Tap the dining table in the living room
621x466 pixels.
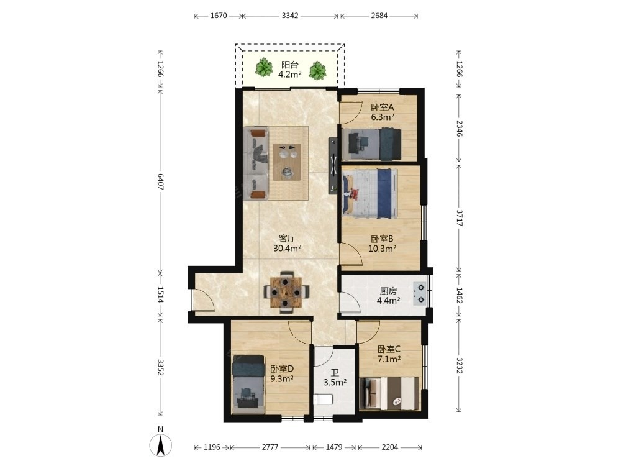[286, 293]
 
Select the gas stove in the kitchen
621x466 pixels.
[419, 294]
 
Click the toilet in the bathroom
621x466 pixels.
[322, 400]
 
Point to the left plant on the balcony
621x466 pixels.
[263, 66]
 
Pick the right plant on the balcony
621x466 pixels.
[317, 70]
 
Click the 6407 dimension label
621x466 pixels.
[160, 181]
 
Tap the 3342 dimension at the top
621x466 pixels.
[290, 16]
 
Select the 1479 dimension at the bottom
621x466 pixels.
[334, 447]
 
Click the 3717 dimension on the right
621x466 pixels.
[460, 218]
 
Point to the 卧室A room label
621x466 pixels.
[382, 107]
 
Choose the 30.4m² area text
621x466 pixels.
[288, 249]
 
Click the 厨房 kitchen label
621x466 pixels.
[388, 291]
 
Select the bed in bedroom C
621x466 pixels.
[390, 393]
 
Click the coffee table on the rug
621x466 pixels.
[287, 162]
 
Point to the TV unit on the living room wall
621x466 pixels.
[333, 166]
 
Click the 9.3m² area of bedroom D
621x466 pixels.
[282, 378]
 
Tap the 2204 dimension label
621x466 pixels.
[390, 447]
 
